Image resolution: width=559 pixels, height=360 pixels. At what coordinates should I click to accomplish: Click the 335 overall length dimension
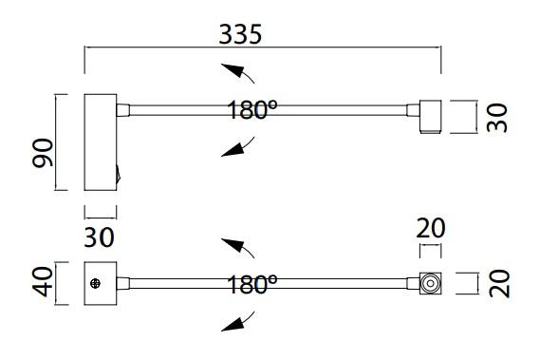point(240,34)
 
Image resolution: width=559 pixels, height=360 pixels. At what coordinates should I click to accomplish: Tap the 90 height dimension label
point(43,153)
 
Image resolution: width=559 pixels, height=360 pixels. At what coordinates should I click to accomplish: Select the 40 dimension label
point(43,281)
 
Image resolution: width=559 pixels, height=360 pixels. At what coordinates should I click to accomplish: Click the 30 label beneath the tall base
point(99,237)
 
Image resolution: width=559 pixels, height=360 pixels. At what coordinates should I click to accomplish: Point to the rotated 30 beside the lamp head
point(496,118)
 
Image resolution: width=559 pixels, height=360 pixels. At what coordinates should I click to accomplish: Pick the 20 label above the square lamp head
point(431,228)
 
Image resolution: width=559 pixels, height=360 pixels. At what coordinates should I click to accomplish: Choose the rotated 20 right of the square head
point(499,284)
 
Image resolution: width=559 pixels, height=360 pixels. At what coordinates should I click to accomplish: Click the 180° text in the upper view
point(252,109)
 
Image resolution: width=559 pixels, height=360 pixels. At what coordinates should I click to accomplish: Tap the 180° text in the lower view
point(252,284)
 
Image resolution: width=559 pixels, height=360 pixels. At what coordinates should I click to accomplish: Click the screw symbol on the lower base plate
point(95,284)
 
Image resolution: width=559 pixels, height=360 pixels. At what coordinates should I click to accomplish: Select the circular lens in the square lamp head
point(430,284)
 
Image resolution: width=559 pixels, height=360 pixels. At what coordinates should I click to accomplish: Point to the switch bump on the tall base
point(119,174)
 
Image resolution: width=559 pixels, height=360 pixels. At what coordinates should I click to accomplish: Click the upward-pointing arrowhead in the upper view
point(233,69)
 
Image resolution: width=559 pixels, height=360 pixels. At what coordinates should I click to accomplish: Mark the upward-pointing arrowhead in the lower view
point(233,244)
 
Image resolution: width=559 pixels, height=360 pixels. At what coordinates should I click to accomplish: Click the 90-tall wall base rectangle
point(101,142)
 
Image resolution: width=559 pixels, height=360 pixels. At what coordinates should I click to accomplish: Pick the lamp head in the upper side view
point(431,117)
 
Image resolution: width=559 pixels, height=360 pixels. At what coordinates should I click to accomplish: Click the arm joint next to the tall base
point(123,110)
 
